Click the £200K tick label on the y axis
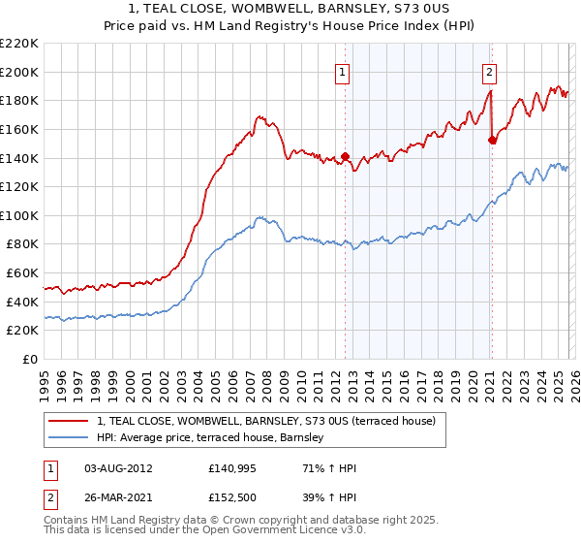19,72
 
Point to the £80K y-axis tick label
22,244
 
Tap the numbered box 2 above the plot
490,71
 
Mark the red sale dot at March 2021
492,141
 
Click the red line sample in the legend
69,421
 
